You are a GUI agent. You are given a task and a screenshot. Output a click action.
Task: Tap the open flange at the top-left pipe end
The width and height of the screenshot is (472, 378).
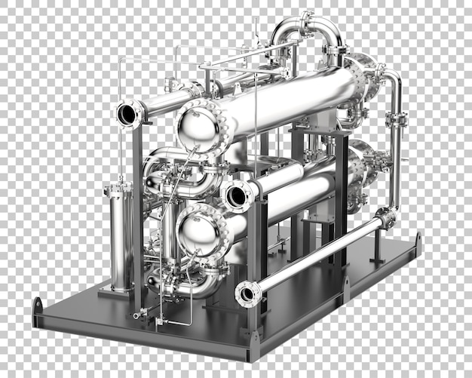coord(128,114)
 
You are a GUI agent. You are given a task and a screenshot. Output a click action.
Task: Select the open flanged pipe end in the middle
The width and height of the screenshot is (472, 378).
coord(237,195)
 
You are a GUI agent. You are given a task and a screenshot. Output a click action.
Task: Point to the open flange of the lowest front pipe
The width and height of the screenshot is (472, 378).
coord(247,293)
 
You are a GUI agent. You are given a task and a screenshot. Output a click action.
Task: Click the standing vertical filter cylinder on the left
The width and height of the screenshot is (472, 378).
coord(120,238)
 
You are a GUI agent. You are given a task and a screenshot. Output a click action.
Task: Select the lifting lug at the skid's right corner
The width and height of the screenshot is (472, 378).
coord(418,242)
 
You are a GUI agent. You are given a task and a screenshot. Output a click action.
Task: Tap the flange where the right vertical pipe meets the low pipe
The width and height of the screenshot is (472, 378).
coord(386,217)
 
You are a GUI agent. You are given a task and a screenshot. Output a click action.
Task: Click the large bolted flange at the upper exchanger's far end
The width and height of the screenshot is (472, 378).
coord(363,75)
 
